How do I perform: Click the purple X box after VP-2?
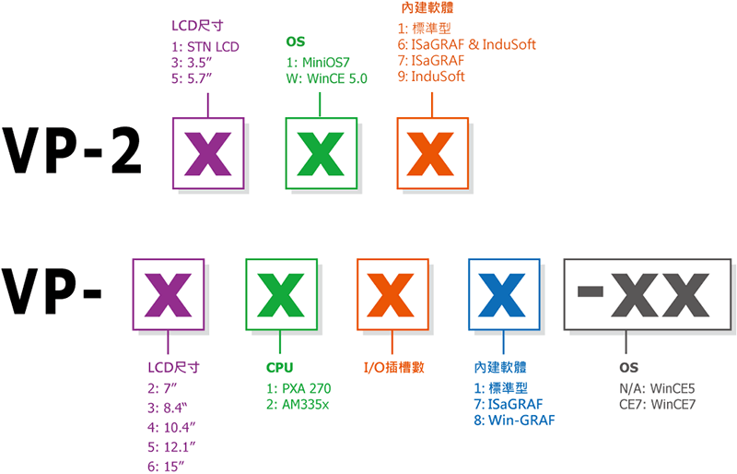209,153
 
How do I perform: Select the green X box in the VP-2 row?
321,153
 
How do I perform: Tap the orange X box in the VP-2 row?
432,153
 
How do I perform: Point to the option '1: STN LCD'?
205,45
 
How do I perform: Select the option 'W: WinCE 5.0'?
327,78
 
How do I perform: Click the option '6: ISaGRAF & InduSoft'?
467,44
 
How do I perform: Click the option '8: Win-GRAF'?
512,421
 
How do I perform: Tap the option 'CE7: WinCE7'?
659,404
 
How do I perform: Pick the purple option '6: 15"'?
166,466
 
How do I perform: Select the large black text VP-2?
72,152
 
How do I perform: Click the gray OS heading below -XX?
629,368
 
